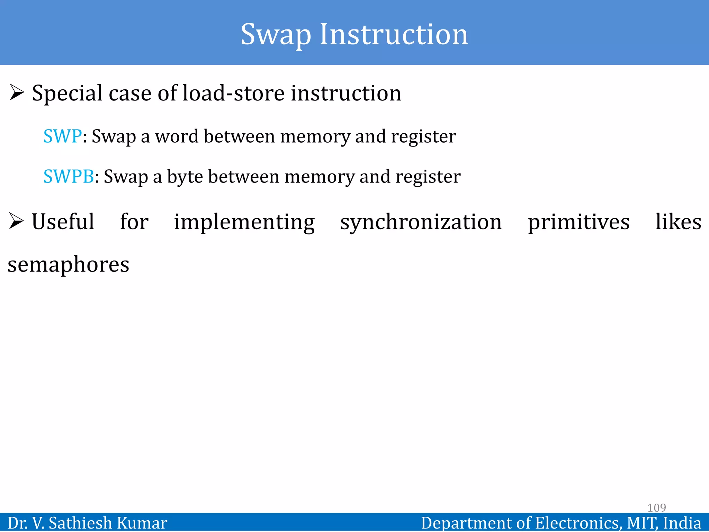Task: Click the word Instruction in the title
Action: click(394, 35)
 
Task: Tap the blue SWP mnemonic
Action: click(62, 136)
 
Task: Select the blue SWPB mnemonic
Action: click(69, 176)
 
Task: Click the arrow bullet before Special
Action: click(17, 93)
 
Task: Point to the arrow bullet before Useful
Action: click(16, 221)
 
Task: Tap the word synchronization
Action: click(421, 222)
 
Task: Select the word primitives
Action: click(578, 222)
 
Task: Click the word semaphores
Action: click(69, 265)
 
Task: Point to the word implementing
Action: click(244, 222)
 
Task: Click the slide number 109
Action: click(656, 508)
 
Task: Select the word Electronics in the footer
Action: click(577, 523)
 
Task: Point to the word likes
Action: click(678, 222)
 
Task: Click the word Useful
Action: click(63, 222)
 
